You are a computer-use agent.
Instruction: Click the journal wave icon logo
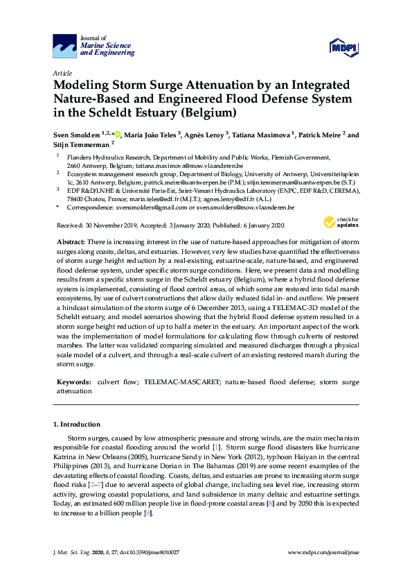point(65,46)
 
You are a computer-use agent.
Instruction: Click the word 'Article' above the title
point(62,72)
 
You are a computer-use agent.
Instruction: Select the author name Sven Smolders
point(77,135)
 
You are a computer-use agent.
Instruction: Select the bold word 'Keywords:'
point(75,382)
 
